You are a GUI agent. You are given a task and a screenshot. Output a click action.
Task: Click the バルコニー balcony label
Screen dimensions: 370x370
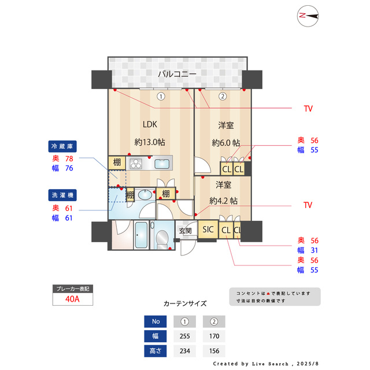(x=177, y=74)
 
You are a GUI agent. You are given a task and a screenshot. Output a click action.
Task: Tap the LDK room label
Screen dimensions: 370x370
(x=150, y=124)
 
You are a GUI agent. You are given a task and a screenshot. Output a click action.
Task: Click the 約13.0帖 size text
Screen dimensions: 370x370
(x=150, y=142)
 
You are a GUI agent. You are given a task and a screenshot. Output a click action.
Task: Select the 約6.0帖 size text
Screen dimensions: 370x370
(x=226, y=143)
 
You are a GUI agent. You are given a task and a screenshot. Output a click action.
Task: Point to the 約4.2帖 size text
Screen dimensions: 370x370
(x=223, y=201)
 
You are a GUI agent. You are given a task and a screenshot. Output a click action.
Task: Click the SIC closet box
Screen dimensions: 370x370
(x=208, y=230)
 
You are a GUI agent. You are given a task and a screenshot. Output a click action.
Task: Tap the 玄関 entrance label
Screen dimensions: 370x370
(x=185, y=231)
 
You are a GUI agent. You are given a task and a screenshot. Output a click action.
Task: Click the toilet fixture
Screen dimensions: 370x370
(x=162, y=238)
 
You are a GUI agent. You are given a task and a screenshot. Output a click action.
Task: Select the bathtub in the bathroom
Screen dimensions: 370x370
(x=140, y=235)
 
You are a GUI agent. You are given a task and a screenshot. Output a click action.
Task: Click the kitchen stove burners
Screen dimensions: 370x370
(x=135, y=163)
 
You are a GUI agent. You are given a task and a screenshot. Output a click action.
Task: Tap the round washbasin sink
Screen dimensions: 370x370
(x=145, y=194)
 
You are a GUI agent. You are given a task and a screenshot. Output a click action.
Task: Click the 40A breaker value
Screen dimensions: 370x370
(x=72, y=299)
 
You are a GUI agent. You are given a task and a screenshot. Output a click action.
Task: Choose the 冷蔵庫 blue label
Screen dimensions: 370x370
(x=62, y=146)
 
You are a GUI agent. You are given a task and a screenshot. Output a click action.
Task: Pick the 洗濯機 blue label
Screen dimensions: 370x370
(x=62, y=195)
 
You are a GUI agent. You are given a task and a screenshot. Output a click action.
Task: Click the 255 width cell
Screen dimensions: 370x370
(x=184, y=336)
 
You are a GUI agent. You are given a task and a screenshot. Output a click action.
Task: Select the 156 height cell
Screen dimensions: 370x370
(x=213, y=350)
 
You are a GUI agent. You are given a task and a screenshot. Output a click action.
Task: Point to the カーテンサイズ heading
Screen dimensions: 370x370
(x=185, y=303)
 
